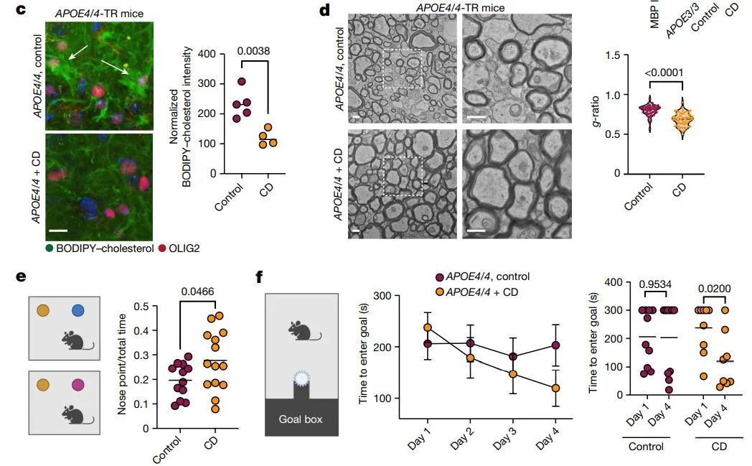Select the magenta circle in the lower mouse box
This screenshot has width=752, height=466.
(x=78, y=386)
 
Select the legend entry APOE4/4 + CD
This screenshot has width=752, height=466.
(x=482, y=292)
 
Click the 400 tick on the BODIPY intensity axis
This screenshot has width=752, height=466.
(x=207, y=54)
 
